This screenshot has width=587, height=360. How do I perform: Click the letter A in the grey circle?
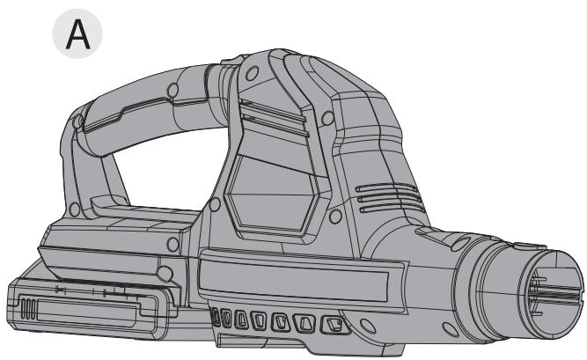(77, 35)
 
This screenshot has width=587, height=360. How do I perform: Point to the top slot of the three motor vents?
(386, 187)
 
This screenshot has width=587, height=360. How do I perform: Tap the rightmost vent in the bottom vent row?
(334, 325)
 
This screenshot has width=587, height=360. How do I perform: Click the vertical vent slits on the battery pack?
(28, 309)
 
